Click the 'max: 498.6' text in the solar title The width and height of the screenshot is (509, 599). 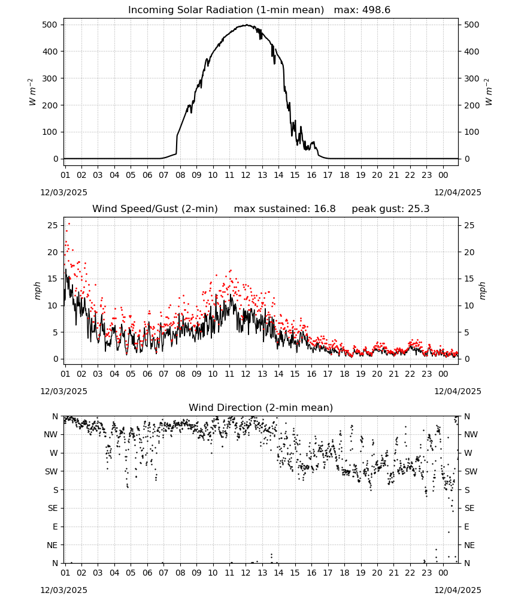coord(362,10)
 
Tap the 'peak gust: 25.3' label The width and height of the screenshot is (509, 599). coord(390,208)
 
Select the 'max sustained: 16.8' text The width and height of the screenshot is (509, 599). coord(284,208)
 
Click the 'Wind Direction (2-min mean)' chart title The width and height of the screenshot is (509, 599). coord(261,407)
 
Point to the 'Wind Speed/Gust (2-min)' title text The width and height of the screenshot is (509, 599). coord(155,208)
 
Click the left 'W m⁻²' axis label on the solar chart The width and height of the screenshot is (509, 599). coord(32,92)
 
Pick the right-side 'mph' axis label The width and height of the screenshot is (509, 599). coord(482,291)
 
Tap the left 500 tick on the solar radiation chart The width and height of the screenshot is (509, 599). coord(50,25)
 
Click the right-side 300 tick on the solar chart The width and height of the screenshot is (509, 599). coord(472,78)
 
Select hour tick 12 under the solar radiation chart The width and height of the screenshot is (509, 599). coord(246,175)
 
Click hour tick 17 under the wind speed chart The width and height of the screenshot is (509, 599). coord(328,374)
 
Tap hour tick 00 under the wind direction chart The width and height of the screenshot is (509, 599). coord(443,573)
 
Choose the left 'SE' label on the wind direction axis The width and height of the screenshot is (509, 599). coord(53,508)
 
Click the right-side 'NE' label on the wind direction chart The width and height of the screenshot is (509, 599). coord(469,545)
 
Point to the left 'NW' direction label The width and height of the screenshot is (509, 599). coord(51,434)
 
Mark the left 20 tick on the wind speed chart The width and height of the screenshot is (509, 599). coord(53,252)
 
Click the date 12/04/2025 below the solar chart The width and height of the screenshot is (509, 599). coord(458,192)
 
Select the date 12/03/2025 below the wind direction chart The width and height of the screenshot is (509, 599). coord(63,590)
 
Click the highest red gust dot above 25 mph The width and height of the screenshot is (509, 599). coord(69,224)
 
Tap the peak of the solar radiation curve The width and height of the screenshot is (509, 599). coord(246,25)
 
